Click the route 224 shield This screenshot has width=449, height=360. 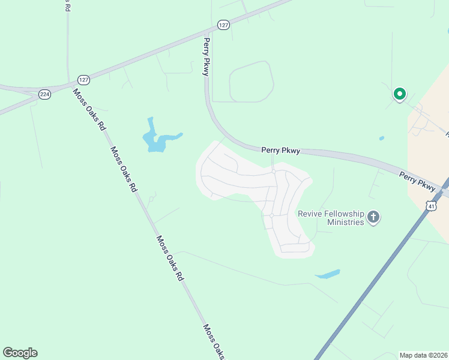[44, 94]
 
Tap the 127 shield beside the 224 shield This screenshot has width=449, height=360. [83, 80]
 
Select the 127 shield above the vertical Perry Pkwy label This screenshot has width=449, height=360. [223, 25]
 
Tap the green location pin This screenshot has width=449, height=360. [399, 94]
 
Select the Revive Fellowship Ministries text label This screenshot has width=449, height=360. [331, 218]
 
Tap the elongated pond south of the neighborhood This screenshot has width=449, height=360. [327, 274]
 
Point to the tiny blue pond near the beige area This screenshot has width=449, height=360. [382, 139]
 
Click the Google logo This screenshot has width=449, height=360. [20, 353]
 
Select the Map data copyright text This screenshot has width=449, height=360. [424, 355]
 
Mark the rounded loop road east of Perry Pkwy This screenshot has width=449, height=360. [252, 82]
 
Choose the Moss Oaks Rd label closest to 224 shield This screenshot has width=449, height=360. [89, 110]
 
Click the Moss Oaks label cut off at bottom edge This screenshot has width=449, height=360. [213, 342]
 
